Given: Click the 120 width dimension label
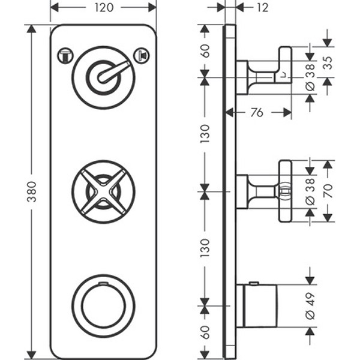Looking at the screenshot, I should pos(103,7).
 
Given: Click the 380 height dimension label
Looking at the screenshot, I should pos(31,191).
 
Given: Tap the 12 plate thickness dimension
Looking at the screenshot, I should pos(262,7).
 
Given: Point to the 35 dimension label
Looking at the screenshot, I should pos(327,62).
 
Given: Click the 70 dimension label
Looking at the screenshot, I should pos(327,191).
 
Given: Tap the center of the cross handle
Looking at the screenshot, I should pos(103,191).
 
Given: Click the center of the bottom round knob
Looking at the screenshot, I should pos(103,305).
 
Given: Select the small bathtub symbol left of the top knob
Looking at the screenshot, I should pos(65,56).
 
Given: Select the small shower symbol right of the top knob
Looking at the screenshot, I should pos(142,56).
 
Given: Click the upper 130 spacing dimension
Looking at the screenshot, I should pos(205,134).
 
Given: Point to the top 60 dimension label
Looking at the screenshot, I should pos(205,50).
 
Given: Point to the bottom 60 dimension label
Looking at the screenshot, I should pos(205,332).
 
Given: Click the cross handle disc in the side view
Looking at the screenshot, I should pos(285,191).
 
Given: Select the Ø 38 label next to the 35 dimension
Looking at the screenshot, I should pos(310,77).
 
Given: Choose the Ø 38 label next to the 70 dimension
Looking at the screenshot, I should pos(310,191).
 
